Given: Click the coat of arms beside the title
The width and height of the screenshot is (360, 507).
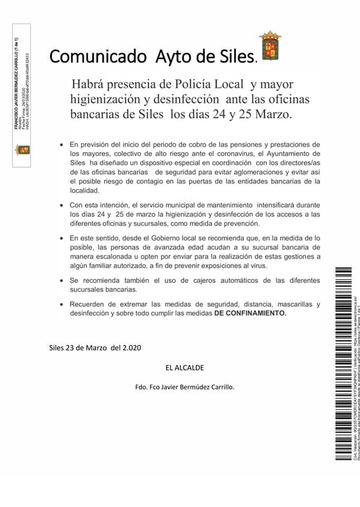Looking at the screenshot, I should (x=270, y=46).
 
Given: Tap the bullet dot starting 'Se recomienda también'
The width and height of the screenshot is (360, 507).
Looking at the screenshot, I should (x=62, y=281).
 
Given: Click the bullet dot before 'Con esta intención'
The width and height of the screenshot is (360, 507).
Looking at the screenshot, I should (x=62, y=204).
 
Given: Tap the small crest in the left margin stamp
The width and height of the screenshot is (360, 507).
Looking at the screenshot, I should (x=22, y=149).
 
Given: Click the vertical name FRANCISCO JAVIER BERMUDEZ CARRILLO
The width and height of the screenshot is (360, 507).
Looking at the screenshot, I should (x=17, y=84).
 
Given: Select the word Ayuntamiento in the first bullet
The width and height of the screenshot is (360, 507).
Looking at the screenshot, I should (x=297, y=153).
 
